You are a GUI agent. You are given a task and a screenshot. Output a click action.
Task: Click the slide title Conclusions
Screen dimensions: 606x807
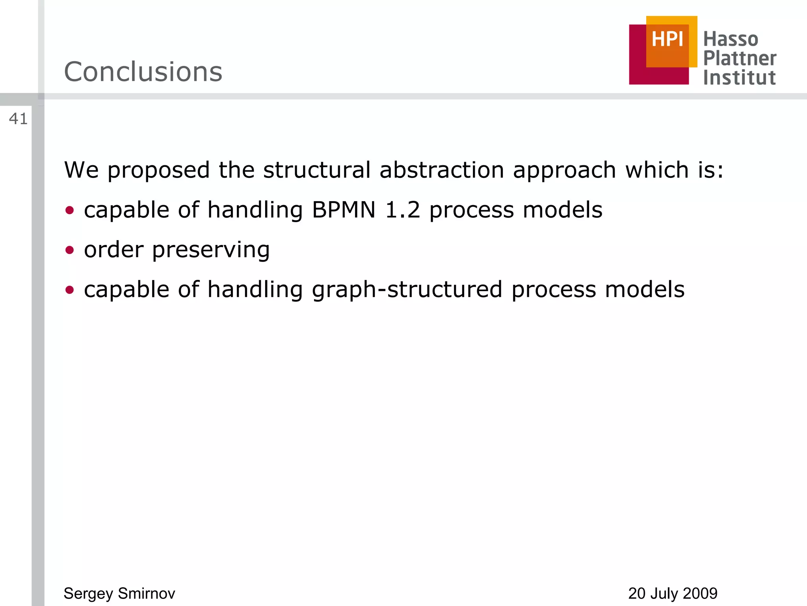[143, 72]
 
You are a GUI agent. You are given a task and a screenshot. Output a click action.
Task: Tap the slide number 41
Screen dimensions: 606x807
[18, 119]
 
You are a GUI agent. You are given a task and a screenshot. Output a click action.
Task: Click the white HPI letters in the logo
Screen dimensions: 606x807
[667, 39]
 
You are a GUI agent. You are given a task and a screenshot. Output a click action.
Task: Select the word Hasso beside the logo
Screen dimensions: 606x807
[731, 39]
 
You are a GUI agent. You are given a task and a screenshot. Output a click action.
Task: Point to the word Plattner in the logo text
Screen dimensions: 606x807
[740, 58]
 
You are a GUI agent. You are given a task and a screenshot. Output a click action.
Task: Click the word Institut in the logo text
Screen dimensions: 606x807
[739, 78]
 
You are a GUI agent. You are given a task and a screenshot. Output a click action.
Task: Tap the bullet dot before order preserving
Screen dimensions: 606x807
[70, 250]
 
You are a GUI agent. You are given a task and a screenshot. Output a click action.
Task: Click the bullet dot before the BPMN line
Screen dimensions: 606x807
[70, 210]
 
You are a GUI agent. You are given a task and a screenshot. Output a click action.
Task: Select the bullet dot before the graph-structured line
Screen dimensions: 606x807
[70, 290]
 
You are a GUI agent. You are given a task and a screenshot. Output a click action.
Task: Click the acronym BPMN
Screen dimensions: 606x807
[344, 210]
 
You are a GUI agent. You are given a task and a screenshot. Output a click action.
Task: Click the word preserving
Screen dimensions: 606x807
[211, 250]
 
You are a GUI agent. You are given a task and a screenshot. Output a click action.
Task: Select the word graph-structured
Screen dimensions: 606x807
[407, 290]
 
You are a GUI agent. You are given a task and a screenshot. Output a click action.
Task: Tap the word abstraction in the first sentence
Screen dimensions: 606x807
[441, 170]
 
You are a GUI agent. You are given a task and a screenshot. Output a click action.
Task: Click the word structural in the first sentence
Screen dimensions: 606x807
[317, 170]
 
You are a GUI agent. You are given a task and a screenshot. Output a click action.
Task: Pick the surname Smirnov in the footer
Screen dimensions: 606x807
[146, 593]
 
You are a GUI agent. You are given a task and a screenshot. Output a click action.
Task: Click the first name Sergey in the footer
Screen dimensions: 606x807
[88, 593]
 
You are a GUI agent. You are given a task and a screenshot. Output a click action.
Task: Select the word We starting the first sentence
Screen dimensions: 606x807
[81, 170]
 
